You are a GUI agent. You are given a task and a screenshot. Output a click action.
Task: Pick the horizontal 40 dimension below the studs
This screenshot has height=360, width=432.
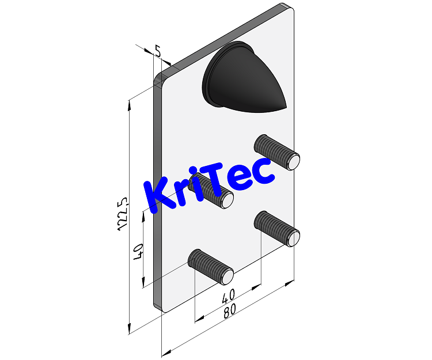click(x=228, y=297)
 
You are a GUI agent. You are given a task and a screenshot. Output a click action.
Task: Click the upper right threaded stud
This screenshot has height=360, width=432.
click(x=277, y=151)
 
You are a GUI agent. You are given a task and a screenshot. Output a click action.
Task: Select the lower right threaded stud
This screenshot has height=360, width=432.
click(x=277, y=228)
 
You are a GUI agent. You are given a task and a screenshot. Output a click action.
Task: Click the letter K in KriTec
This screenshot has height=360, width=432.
click(x=157, y=196)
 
